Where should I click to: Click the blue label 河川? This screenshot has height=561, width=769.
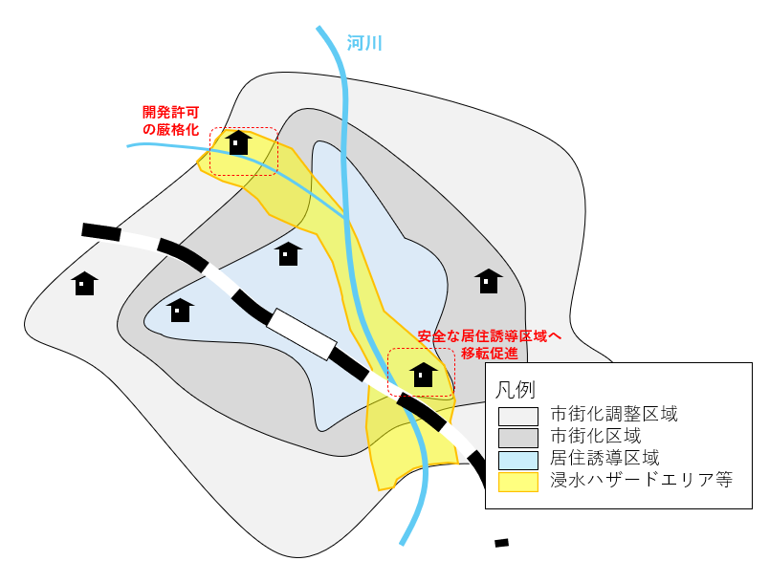tap(363, 42)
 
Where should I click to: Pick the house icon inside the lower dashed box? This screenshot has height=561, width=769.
tap(423, 375)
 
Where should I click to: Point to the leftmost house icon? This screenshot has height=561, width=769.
tap(84, 283)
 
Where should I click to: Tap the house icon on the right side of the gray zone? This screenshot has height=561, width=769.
tap(489, 280)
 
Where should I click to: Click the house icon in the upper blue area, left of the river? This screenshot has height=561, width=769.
tap(288, 253)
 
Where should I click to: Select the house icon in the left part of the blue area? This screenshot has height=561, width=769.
tap(180, 310)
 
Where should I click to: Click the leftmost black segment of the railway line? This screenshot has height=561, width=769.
tap(101, 231)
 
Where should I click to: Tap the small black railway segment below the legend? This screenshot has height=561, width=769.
tap(501, 543)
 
